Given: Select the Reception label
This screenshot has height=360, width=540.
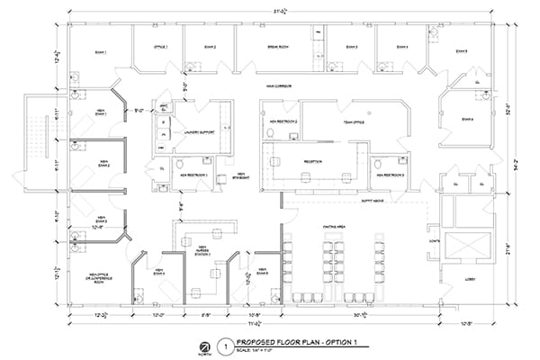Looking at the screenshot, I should pyautogui.click(x=313, y=162).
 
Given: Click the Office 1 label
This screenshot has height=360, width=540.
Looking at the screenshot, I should pyautogui.click(x=160, y=46).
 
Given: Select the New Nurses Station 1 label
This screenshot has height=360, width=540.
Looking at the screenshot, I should pyautogui.click(x=203, y=251).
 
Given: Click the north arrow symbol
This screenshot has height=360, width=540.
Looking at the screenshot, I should pyautogui.click(x=206, y=346).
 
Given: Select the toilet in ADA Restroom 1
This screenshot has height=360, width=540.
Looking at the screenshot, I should pyautogui.click(x=179, y=165).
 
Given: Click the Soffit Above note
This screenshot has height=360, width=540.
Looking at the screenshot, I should pyautogui.click(x=373, y=201).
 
